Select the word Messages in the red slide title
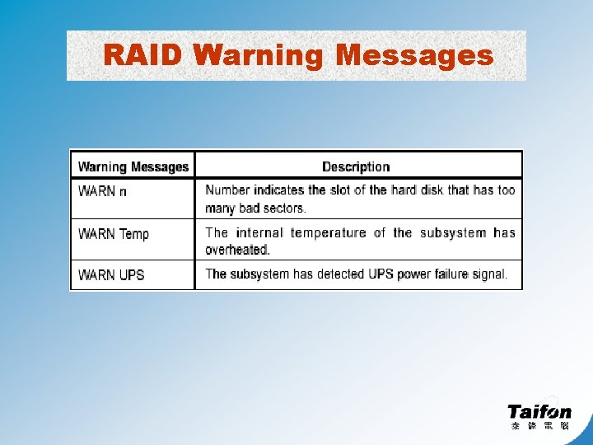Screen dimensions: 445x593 point(414,55)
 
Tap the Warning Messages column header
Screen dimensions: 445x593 point(133,166)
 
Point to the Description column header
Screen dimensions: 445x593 point(356,166)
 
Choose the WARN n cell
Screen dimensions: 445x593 point(103,190)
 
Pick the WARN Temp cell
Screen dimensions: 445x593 point(114,234)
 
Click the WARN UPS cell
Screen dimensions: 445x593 point(111,274)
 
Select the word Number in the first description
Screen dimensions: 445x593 point(227,190)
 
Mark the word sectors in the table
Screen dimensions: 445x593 point(284,208)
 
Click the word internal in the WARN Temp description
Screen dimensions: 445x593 point(259,233)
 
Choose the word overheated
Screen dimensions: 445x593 point(236,250)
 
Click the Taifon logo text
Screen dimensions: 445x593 point(539,411)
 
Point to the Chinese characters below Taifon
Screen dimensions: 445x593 point(539,426)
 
